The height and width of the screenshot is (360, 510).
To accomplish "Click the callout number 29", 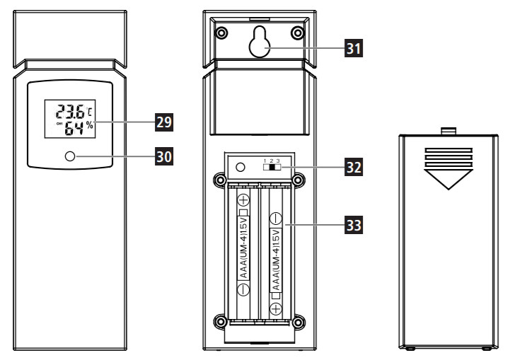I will (x=163, y=122).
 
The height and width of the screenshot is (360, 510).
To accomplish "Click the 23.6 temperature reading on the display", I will (x=70, y=112).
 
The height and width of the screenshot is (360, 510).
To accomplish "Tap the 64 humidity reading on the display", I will (x=74, y=128).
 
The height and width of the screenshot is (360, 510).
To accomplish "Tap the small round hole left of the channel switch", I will (x=240, y=168).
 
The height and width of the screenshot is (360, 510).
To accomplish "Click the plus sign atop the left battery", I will (x=243, y=200).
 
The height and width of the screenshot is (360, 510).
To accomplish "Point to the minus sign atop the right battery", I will (x=277, y=219).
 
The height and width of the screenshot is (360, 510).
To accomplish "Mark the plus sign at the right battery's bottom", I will (x=277, y=308).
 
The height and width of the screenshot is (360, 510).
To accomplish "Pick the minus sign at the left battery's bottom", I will (x=243, y=289).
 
